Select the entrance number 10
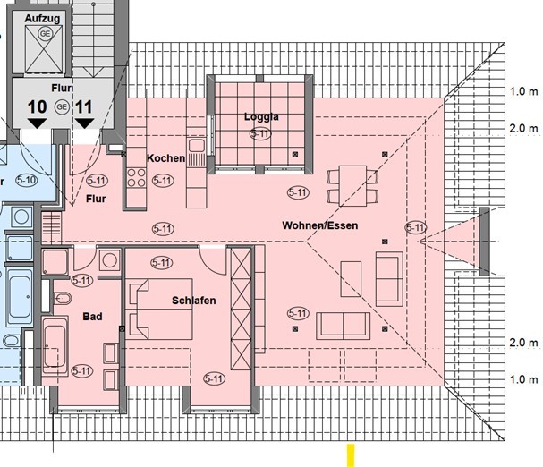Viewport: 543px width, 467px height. click(37, 106)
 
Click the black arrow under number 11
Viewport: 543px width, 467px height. click(84, 126)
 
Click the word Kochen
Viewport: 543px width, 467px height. click(166, 158)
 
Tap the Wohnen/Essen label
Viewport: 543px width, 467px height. click(318, 225)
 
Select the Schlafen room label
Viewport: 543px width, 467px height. click(193, 301)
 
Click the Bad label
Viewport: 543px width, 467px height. click(92, 317)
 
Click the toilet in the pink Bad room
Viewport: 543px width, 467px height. click(63, 297)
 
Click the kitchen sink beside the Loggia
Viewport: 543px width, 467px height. click(196, 145)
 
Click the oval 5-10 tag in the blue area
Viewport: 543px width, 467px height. click(27, 180)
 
